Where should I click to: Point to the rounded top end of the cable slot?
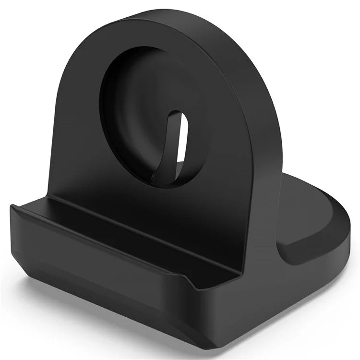pyautogui.click(x=176, y=114)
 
